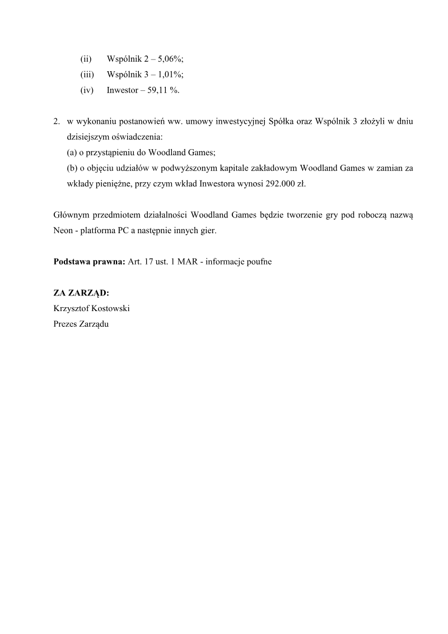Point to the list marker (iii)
coord(87,74)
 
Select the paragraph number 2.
coord(56,121)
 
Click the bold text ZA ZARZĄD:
coord(81,293)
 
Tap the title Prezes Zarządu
coord(81,324)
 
